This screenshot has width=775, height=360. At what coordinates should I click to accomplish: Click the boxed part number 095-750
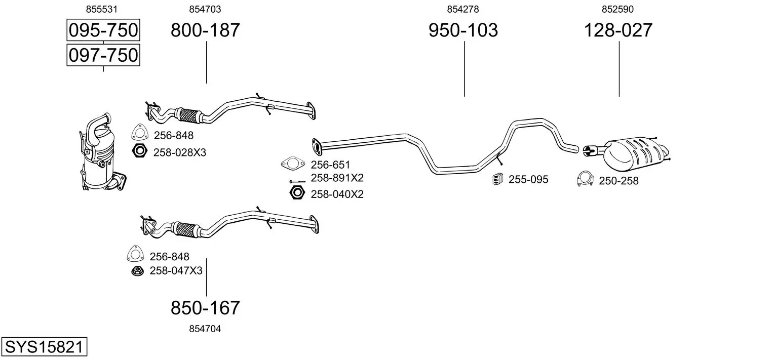[x=103, y=30]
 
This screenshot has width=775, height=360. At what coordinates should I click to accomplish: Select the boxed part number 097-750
[x=103, y=55]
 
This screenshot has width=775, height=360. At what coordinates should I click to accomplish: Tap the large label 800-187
[x=205, y=30]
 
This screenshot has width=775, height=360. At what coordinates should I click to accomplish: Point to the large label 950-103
[x=463, y=30]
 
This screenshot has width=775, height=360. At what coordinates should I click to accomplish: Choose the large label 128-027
[x=618, y=30]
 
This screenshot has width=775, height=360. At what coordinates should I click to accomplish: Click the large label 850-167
[x=205, y=307]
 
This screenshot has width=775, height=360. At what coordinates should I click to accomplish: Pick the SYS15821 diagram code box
[x=44, y=347]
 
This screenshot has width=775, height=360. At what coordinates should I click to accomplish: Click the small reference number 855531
[x=102, y=9]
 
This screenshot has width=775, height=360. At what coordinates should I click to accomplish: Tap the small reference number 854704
[x=205, y=329]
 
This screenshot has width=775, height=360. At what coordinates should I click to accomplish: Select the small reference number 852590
[x=617, y=9]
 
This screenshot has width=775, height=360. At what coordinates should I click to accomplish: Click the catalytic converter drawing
[x=101, y=152]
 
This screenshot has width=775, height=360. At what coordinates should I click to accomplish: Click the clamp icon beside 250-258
[x=585, y=179]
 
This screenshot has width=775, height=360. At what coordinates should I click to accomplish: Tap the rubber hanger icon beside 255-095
[x=498, y=179]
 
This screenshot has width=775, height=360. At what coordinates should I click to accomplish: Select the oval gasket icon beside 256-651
[x=293, y=163]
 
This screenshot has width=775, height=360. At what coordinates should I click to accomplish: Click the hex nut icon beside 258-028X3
[x=139, y=151]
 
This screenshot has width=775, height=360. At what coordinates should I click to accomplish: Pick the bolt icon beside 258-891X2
[x=297, y=182]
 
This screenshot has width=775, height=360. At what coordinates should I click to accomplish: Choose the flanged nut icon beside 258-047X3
[x=137, y=271]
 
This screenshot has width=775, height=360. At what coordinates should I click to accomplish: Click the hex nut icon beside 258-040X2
[x=297, y=192]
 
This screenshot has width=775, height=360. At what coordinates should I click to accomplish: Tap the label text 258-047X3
[x=176, y=270]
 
